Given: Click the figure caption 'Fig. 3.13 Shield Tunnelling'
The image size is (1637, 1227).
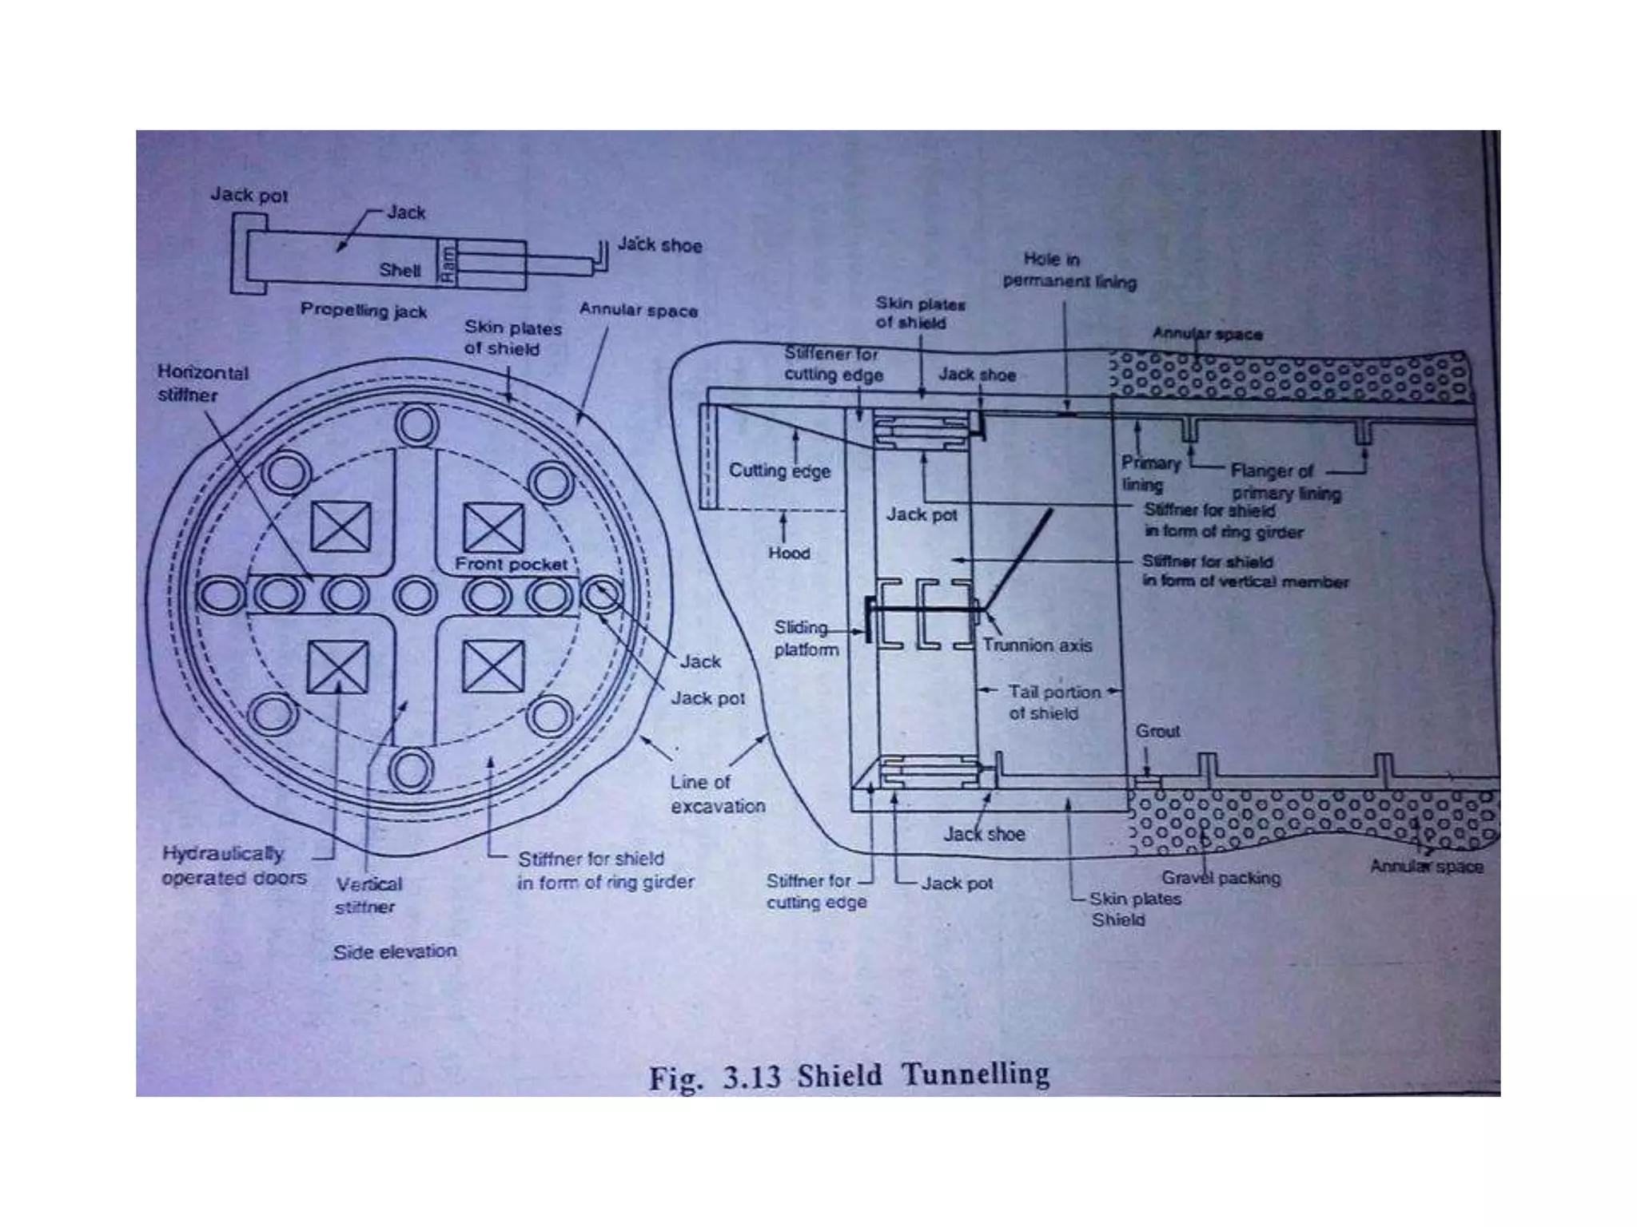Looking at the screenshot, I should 849,1076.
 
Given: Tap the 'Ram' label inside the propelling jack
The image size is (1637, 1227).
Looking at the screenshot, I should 448,263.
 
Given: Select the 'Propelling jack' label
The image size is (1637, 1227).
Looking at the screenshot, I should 364,310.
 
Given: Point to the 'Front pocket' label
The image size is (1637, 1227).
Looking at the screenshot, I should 511,564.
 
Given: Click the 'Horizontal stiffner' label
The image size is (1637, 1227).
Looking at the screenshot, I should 203,383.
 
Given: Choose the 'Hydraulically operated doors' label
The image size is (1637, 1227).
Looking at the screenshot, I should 233,866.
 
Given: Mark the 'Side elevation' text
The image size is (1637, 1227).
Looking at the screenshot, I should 395,951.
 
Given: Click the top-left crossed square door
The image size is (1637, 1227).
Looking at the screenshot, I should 341,527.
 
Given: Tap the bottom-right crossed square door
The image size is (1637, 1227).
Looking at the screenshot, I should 493,667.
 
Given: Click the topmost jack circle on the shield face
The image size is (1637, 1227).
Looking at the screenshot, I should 416,425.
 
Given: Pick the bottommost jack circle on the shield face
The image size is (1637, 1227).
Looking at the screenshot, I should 411,771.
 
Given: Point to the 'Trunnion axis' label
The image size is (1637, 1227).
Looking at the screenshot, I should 1037,645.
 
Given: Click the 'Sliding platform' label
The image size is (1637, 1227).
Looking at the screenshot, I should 806,639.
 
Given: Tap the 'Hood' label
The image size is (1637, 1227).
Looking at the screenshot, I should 789,553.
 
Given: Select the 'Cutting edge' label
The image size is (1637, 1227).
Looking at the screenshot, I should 779,471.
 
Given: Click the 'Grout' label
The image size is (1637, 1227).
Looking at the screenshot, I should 1157,731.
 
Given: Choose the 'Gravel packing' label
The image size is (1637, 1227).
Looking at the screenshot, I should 1221,878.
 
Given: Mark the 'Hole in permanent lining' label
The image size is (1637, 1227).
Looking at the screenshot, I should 1069,270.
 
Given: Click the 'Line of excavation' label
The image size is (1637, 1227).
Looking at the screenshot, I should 717,794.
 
